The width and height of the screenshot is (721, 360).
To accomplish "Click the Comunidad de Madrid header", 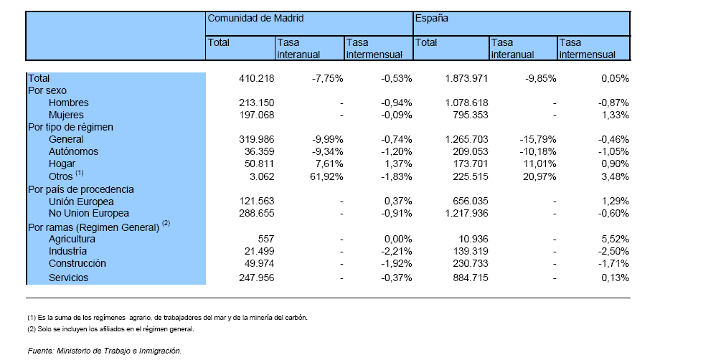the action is tap(255, 19).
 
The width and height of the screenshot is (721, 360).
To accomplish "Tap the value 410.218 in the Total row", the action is tap(257, 79).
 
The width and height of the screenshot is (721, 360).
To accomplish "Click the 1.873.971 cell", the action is tap(466, 79).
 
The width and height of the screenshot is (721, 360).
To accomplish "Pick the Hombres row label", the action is tap(69, 103).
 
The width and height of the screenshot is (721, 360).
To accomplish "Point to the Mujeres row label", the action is tap(66, 115).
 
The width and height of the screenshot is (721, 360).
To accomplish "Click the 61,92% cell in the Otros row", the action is tap(327, 176).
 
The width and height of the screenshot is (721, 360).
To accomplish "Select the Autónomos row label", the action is tap(74, 151).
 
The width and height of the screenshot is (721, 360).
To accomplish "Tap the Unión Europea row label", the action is tap(81, 202).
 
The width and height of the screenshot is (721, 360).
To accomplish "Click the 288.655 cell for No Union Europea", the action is tap(257, 214).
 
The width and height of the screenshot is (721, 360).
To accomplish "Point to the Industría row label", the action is tap(67, 252).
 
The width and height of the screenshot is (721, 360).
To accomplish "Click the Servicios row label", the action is tap(69, 278).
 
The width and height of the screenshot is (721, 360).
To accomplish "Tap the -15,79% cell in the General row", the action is tap(539, 139).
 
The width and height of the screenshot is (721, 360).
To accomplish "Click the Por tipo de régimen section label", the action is tap(71, 128).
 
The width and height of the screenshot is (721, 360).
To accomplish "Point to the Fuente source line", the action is tap(105, 351).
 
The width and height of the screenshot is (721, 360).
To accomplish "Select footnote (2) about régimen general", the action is tap(110, 329).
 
